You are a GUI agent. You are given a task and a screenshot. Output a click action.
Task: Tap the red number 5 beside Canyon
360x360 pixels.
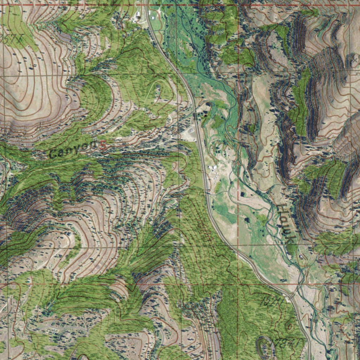click(x=102, y=145)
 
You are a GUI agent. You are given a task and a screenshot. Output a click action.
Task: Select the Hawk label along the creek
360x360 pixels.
click(x=286, y=224)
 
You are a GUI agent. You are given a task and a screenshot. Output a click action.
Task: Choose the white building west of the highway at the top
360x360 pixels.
click(x=138, y=15)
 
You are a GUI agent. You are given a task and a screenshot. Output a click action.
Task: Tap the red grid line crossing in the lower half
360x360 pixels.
click(x=238, y=283)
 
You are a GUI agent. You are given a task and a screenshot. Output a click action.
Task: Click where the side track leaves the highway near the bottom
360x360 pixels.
click(x=291, y=296)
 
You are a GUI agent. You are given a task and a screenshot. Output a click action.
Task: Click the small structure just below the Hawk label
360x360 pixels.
click(x=301, y=257)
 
